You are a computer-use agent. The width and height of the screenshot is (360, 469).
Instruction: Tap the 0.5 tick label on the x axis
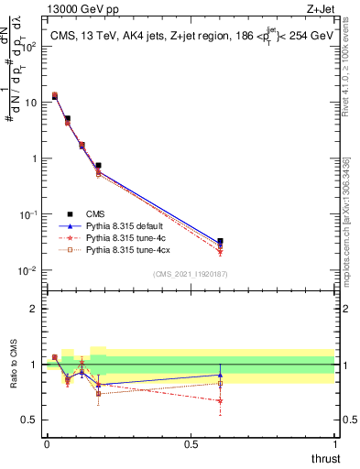pyautogui.click(x=191, y=443)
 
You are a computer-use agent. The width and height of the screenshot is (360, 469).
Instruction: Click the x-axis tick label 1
pyautogui.click(x=334, y=443)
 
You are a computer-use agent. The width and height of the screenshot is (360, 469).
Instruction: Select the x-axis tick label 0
pyautogui.click(x=47, y=443)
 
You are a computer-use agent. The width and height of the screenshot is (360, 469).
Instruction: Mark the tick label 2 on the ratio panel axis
pyautogui.click(x=34, y=309)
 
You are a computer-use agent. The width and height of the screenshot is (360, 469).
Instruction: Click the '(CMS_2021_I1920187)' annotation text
pyautogui.click(x=190, y=273)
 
